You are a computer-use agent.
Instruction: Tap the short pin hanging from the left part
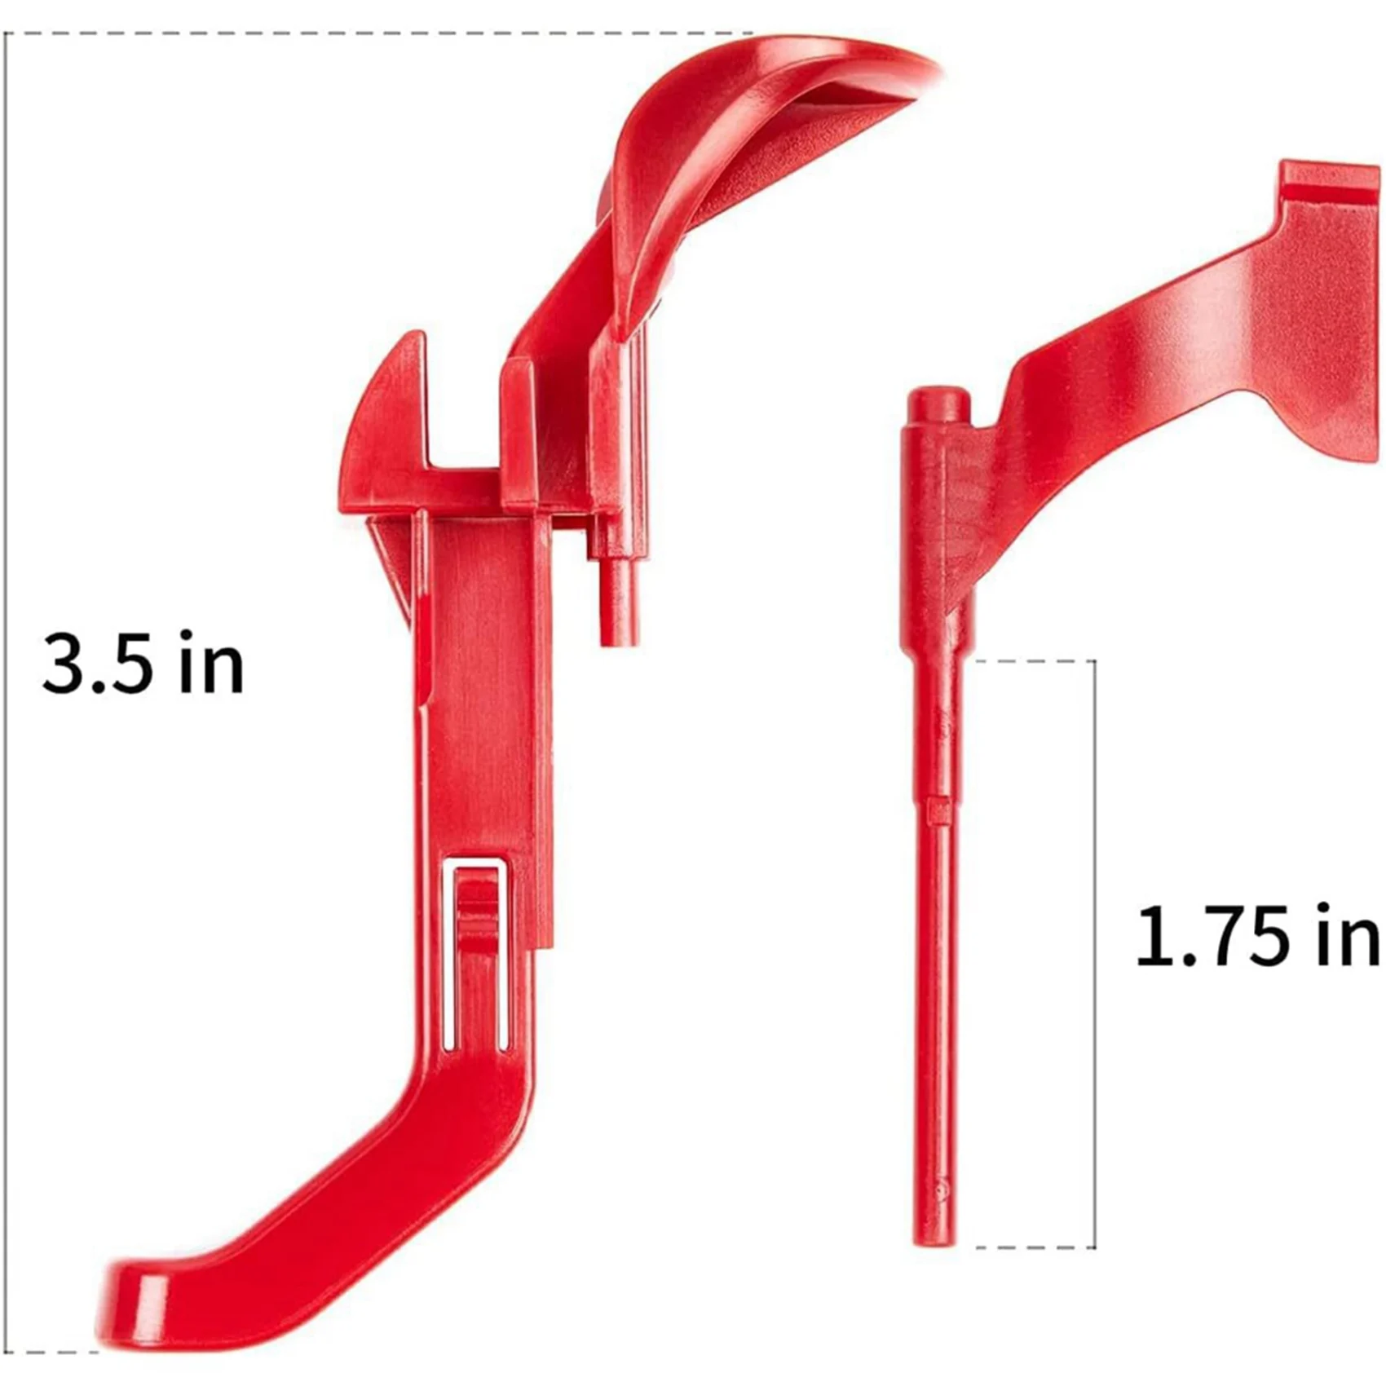tap(619, 599)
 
